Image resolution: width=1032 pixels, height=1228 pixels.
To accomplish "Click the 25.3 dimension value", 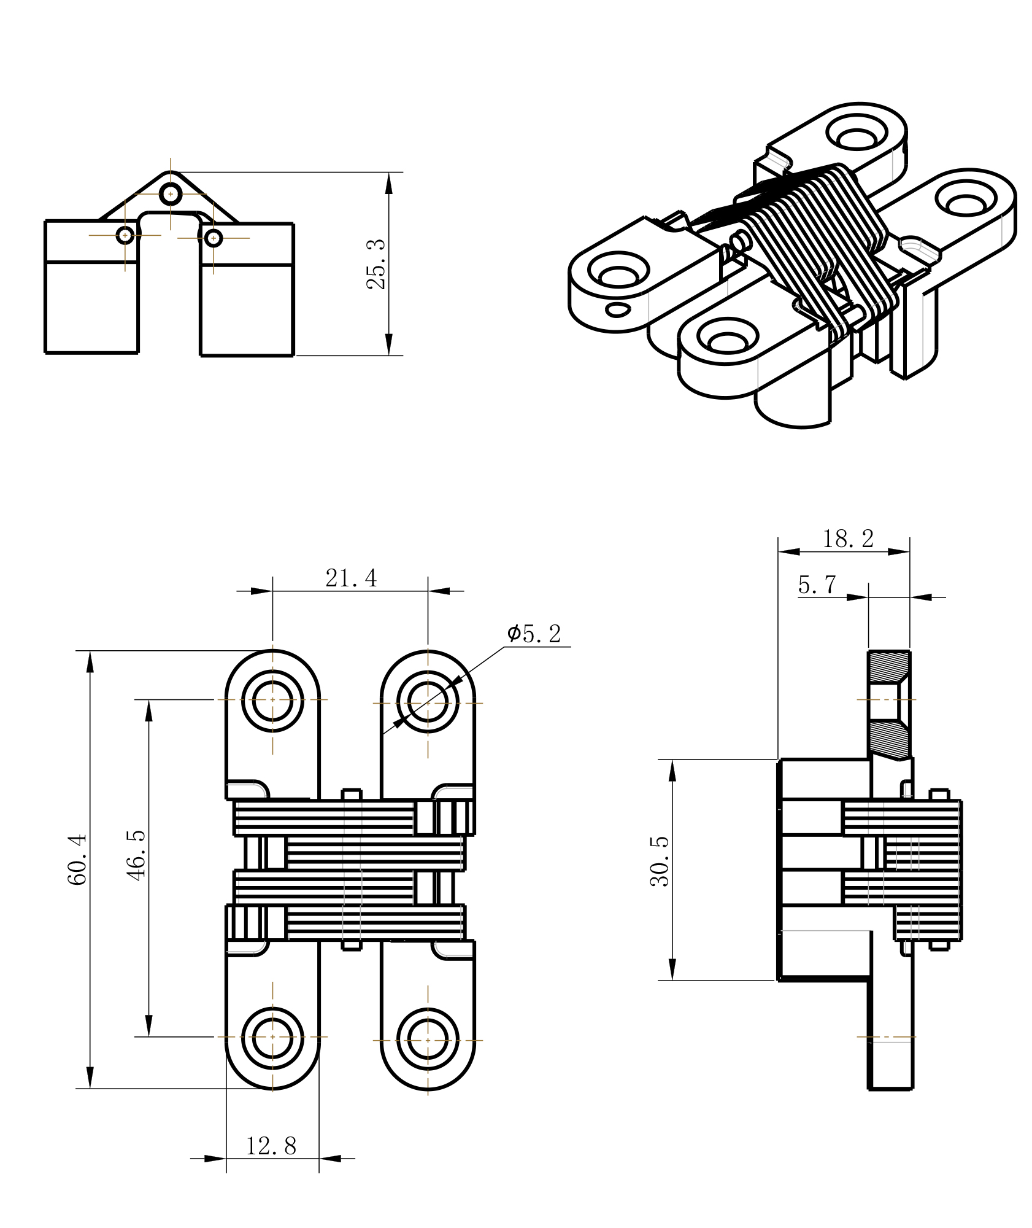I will (x=375, y=264).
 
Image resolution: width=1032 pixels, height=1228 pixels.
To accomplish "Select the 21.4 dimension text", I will (x=351, y=578).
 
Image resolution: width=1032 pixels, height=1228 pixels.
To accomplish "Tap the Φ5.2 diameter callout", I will (x=534, y=634).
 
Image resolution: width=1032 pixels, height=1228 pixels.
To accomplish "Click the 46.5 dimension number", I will (x=137, y=855).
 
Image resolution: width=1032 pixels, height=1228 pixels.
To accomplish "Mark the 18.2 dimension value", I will (x=848, y=539).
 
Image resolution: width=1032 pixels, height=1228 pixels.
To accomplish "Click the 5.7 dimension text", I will (x=817, y=585).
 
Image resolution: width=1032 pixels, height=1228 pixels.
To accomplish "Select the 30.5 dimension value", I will (x=660, y=861).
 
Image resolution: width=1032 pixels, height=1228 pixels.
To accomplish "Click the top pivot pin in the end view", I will (x=171, y=194).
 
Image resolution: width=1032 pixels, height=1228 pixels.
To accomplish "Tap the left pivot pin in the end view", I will (x=125, y=235).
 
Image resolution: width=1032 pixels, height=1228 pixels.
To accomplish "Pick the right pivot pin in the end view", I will (x=213, y=238).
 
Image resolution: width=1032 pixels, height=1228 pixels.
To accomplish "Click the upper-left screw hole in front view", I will (x=273, y=700).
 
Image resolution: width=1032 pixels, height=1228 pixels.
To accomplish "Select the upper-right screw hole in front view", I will (x=428, y=702).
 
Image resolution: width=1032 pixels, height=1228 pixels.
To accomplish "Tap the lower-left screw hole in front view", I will (x=273, y=1037).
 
